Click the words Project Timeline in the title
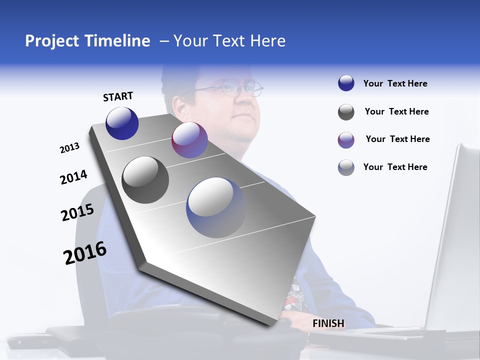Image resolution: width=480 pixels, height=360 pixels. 87,41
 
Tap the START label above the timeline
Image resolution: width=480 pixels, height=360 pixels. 118,96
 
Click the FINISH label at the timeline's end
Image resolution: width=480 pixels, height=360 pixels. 328,323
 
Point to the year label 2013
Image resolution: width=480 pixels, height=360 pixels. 70,148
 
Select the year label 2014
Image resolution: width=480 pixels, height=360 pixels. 73,177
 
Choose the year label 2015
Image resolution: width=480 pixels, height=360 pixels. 77,212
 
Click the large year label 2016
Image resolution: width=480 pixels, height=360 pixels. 85,253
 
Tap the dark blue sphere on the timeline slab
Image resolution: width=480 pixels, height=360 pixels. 122,123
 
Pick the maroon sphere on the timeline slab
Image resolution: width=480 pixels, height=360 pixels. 189,140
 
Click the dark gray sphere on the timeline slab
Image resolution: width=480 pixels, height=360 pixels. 145,180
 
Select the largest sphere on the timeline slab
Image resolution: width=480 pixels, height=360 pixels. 216,207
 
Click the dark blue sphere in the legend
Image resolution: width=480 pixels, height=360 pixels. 346,83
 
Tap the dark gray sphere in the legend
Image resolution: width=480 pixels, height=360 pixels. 346,112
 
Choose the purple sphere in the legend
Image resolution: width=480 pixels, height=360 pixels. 346,140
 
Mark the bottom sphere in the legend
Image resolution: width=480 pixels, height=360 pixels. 346,167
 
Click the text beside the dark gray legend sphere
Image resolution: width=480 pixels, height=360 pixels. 396,111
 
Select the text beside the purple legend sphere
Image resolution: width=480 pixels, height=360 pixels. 397,139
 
